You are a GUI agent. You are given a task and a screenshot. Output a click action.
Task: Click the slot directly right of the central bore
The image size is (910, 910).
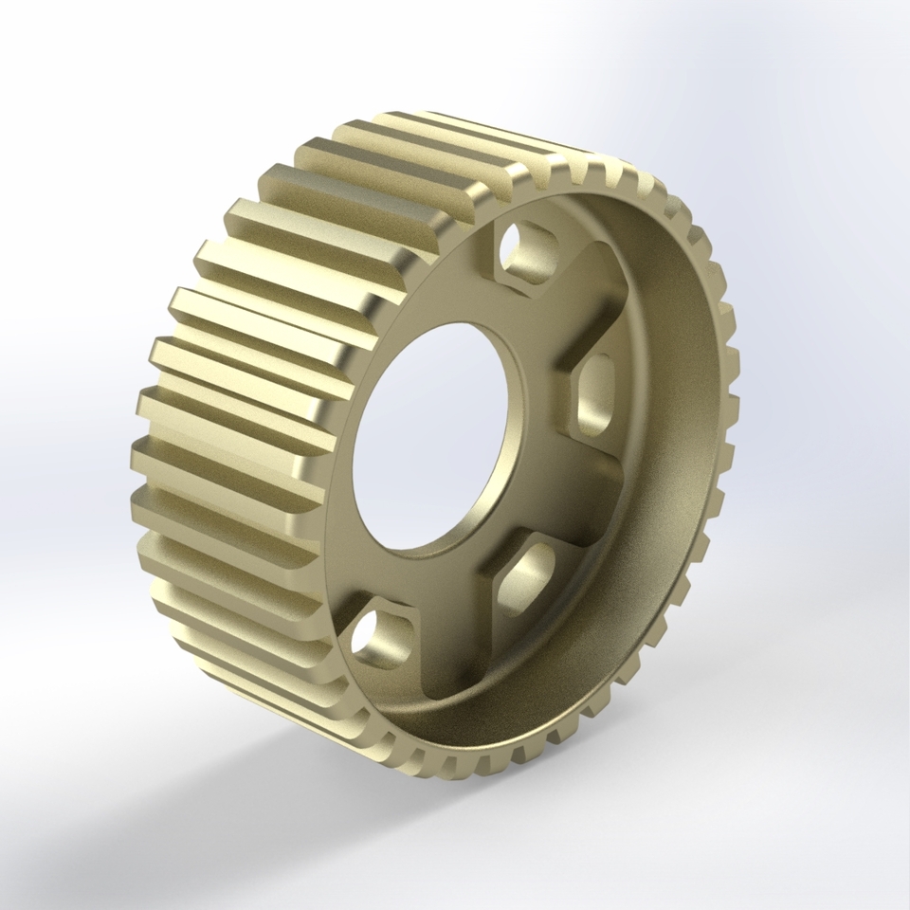coord(595,392)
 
